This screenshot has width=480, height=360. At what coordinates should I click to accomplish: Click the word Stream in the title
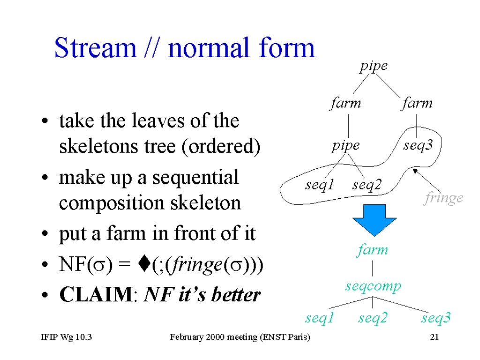[x=95, y=47]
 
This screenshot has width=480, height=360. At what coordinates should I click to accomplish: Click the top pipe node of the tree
[x=374, y=67]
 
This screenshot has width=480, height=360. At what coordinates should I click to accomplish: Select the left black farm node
[x=345, y=103]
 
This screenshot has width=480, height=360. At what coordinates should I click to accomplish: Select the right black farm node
[x=417, y=103]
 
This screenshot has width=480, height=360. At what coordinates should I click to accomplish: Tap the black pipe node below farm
[x=345, y=146]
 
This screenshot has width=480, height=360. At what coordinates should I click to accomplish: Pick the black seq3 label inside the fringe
[x=418, y=145]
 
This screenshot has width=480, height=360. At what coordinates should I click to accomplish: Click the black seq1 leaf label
[x=319, y=185]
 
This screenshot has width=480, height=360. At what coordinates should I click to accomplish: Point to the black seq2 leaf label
[x=367, y=185]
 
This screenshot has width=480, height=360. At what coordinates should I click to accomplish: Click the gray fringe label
[x=443, y=198]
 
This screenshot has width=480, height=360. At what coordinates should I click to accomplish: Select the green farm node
[x=372, y=250]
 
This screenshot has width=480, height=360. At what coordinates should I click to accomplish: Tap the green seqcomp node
[x=373, y=286]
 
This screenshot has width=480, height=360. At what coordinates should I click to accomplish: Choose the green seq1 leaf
[x=319, y=318]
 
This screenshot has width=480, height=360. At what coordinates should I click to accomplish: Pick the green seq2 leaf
[x=373, y=318]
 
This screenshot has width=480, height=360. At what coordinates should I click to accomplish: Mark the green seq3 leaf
[x=436, y=318]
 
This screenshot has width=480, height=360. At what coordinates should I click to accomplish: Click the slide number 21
[x=435, y=337]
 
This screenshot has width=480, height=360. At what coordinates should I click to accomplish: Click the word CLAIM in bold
[x=96, y=294]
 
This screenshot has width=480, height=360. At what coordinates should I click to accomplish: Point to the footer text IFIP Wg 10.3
[x=67, y=337]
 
